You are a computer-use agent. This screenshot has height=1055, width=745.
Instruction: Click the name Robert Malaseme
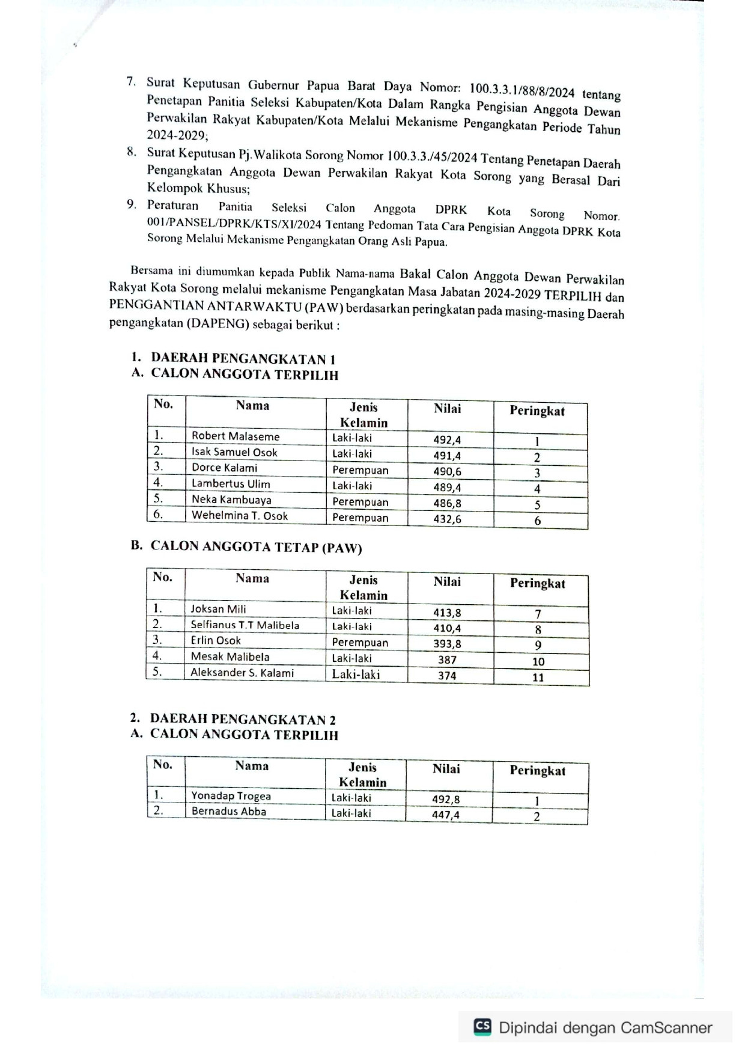(x=236, y=436)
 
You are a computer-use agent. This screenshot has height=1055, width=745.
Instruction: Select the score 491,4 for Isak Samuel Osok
(x=447, y=456)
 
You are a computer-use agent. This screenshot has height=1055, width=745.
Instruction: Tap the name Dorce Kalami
(x=224, y=468)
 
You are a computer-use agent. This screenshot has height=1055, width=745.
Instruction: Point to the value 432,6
(x=447, y=519)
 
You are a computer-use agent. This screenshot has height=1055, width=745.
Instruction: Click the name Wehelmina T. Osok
(x=239, y=516)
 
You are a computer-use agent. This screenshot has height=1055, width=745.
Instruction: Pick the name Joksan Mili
(x=218, y=609)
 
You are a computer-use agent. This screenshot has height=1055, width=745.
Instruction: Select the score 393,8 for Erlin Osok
(x=447, y=644)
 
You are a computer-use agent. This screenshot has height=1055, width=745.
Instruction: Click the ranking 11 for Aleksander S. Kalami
(x=538, y=677)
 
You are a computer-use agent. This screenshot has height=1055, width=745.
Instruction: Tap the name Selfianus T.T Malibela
(x=245, y=625)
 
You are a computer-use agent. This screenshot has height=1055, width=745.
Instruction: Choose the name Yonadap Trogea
(x=231, y=796)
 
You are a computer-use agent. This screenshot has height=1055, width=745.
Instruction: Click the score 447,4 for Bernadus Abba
(x=445, y=815)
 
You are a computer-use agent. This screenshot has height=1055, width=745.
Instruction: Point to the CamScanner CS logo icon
(x=482, y=1026)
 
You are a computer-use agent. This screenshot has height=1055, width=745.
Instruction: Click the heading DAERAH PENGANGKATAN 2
(x=243, y=719)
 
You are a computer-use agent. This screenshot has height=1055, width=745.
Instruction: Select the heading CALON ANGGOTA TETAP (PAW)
(x=256, y=547)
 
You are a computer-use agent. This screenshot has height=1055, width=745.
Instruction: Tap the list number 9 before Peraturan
(x=132, y=204)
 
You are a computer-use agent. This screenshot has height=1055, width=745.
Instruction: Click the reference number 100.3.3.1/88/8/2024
(x=521, y=91)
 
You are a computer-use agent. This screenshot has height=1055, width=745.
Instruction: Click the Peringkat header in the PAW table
(x=537, y=583)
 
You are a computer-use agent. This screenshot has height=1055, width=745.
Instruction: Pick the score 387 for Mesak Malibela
(x=447, y=660)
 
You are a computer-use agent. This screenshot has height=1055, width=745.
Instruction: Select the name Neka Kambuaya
(x=231, y=500)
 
